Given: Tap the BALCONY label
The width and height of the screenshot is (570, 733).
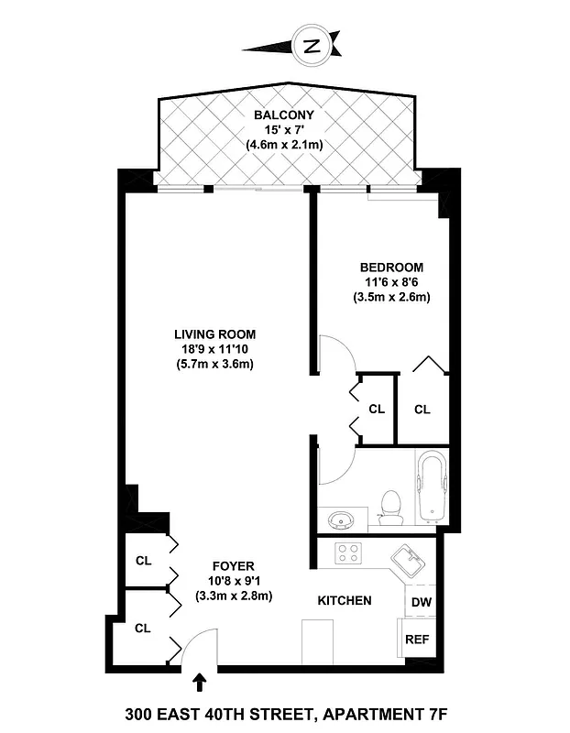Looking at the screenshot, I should [284, 115].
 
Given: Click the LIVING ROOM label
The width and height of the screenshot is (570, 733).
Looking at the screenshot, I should [215, 334].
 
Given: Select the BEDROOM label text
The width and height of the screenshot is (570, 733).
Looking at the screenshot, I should [391, 268].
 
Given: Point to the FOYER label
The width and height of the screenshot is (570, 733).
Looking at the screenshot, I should [234, 566].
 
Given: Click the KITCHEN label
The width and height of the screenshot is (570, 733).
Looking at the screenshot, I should [344, 601].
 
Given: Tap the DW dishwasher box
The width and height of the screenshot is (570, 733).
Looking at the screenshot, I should [421, 602].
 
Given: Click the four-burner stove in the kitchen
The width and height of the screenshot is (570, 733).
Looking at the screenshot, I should [349, 553].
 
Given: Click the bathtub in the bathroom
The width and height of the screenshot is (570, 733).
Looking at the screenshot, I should [429, 487].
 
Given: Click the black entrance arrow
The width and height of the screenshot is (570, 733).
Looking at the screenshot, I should [201, 682].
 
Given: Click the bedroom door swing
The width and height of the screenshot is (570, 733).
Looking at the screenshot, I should [331, 354].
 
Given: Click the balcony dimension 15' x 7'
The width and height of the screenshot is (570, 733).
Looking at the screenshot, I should [284, 130].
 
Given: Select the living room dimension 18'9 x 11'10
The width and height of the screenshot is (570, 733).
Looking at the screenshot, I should [214, 349].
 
